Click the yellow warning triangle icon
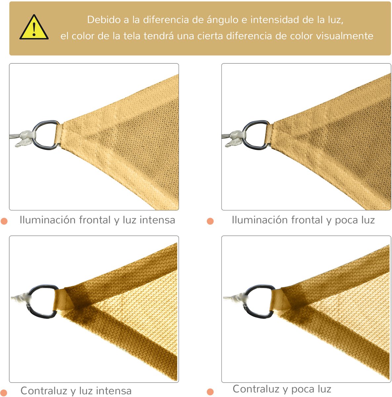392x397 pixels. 34,27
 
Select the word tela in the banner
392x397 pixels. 132,36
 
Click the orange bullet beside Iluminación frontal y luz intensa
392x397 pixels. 4,221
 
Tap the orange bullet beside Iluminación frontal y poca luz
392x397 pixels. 210,221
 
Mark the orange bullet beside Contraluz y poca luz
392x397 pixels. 210,391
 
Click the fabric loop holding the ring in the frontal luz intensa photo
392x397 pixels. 59,135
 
